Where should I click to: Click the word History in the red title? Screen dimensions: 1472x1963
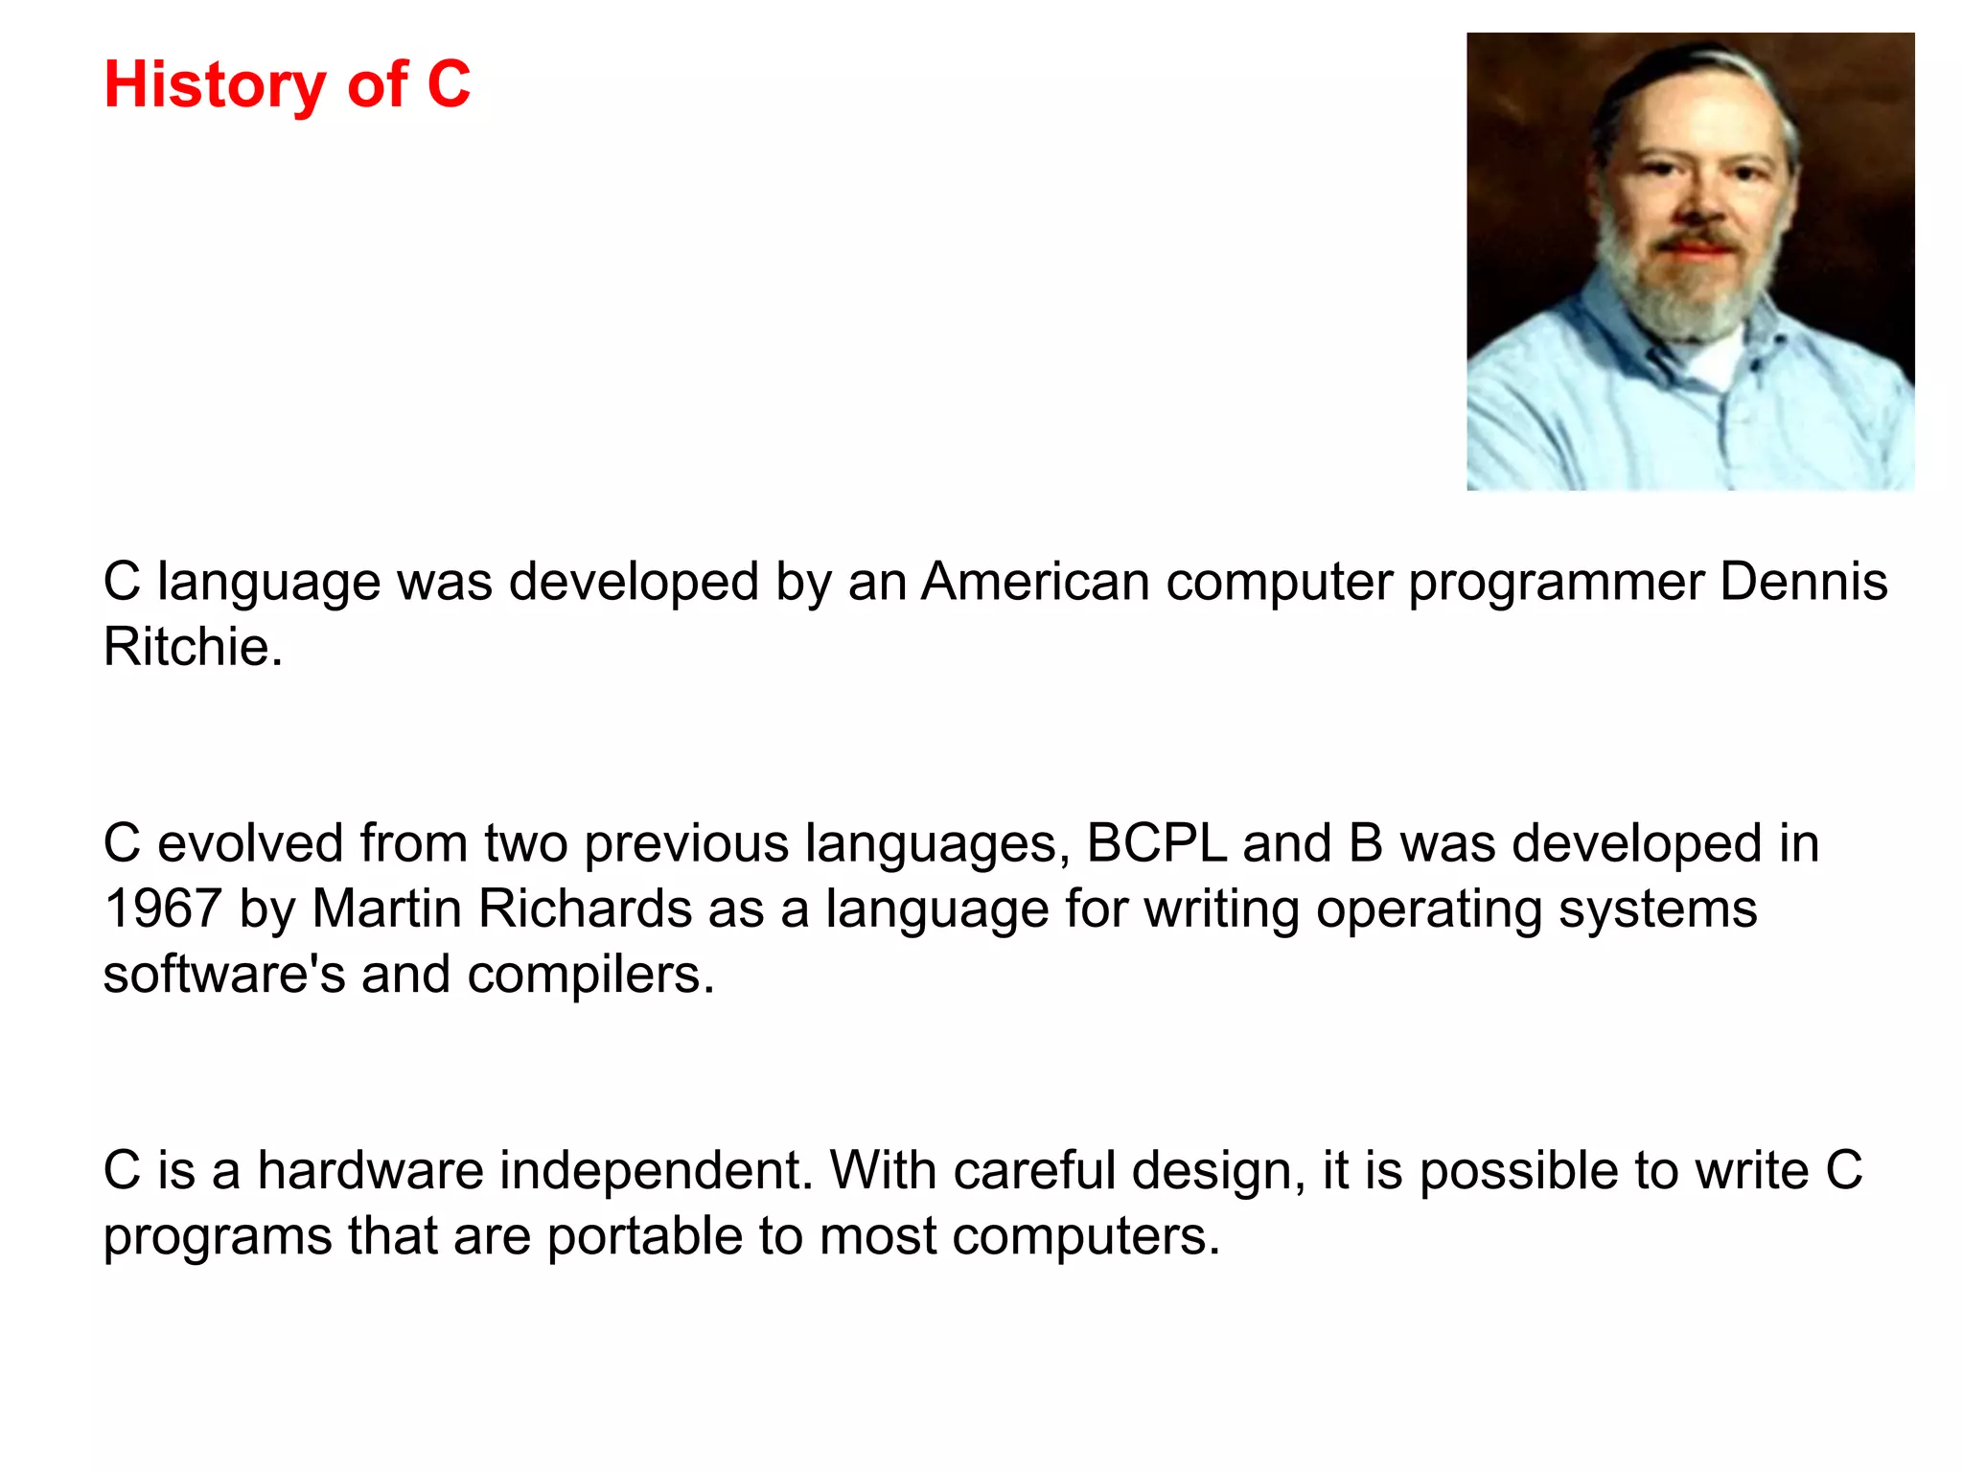tap(215, 85)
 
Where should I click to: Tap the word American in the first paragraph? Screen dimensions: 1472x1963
tap(1035, 582)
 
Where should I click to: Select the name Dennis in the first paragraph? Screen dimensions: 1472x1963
tap(1803, 582)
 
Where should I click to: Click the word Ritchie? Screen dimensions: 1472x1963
tap(193, 647)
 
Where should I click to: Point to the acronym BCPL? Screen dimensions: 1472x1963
tap(1156, 843)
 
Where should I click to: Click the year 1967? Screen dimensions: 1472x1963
tap(163, 908)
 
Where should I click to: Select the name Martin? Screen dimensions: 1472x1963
tap(386, 908)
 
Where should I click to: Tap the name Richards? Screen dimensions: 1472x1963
tap(585, 908)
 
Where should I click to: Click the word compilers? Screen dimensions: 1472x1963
tap(590, 975)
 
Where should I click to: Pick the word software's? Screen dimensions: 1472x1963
tap(223, 975)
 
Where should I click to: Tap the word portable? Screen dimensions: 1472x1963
tap(644, 1236)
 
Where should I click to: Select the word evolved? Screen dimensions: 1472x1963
tap(250, 843)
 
